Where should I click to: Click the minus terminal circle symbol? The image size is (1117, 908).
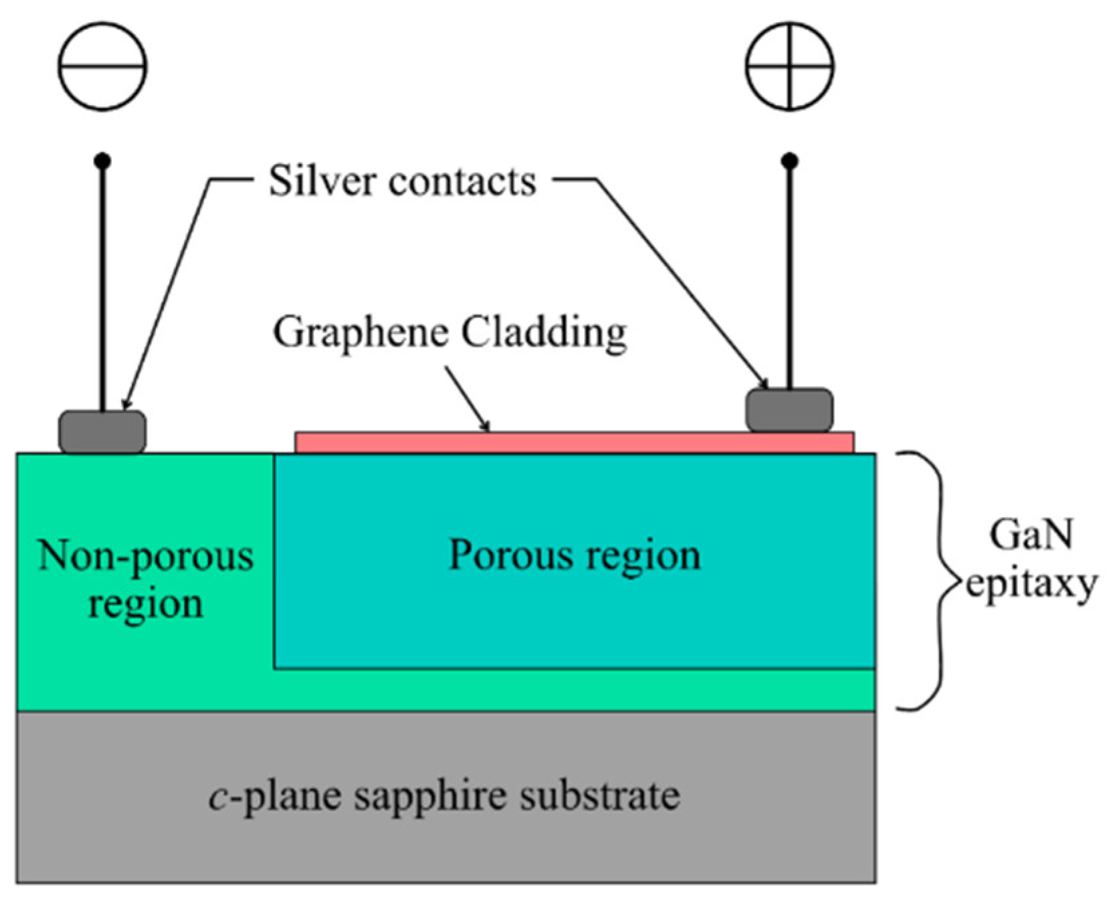[102, 66]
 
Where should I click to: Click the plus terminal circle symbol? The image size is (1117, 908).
[789, 66]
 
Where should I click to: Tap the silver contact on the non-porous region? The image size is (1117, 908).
[102, 432]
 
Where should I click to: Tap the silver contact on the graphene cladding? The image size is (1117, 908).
[789, 410]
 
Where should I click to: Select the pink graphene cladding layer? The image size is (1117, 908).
[574, 443]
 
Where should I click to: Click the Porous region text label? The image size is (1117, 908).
[574, 555]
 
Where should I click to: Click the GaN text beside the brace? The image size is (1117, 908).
[1031, 535]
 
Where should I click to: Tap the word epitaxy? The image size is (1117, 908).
[1031, 585]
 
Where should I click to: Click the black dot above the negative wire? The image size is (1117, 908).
[102, 161]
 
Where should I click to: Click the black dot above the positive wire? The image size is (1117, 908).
[790, 161]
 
